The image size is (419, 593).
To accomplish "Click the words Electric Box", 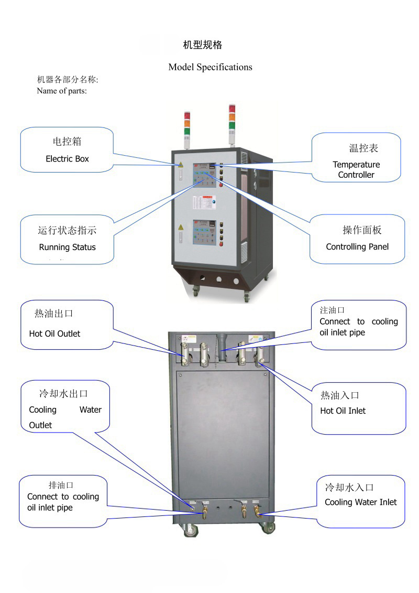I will coord(67,159).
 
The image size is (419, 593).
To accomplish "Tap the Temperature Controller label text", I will coord(356,169).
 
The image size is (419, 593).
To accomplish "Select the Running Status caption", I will coord(67,247).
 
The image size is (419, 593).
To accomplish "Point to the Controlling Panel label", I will coord(357,246).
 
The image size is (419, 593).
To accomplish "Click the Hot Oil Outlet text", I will coord(54,333).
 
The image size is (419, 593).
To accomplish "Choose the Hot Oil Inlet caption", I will coord(343,411).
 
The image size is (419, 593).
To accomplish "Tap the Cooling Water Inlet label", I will coord(360,502).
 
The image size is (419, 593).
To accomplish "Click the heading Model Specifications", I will coord(210,67).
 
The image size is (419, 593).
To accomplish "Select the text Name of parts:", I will coord(61,91).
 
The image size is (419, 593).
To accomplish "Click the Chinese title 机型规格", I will coord(202,45).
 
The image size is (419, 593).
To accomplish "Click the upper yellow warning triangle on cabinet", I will coord(181,164).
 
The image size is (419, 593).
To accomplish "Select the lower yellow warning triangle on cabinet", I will coord(181,227).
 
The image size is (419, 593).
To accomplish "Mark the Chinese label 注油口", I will coord(332,310).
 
